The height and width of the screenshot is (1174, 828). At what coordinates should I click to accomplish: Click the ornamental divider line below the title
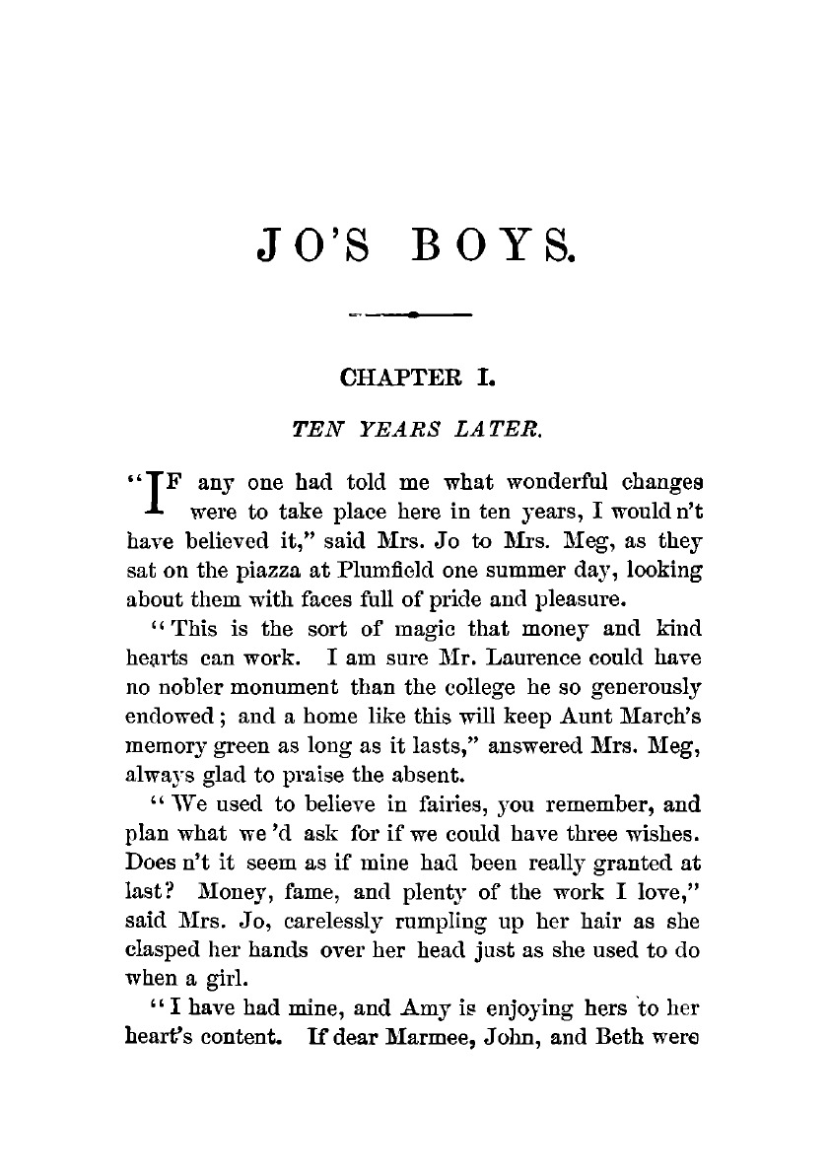click(x=413, y=315)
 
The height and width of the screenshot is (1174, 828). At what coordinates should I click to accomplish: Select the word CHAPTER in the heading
click(x=392, y=377)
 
